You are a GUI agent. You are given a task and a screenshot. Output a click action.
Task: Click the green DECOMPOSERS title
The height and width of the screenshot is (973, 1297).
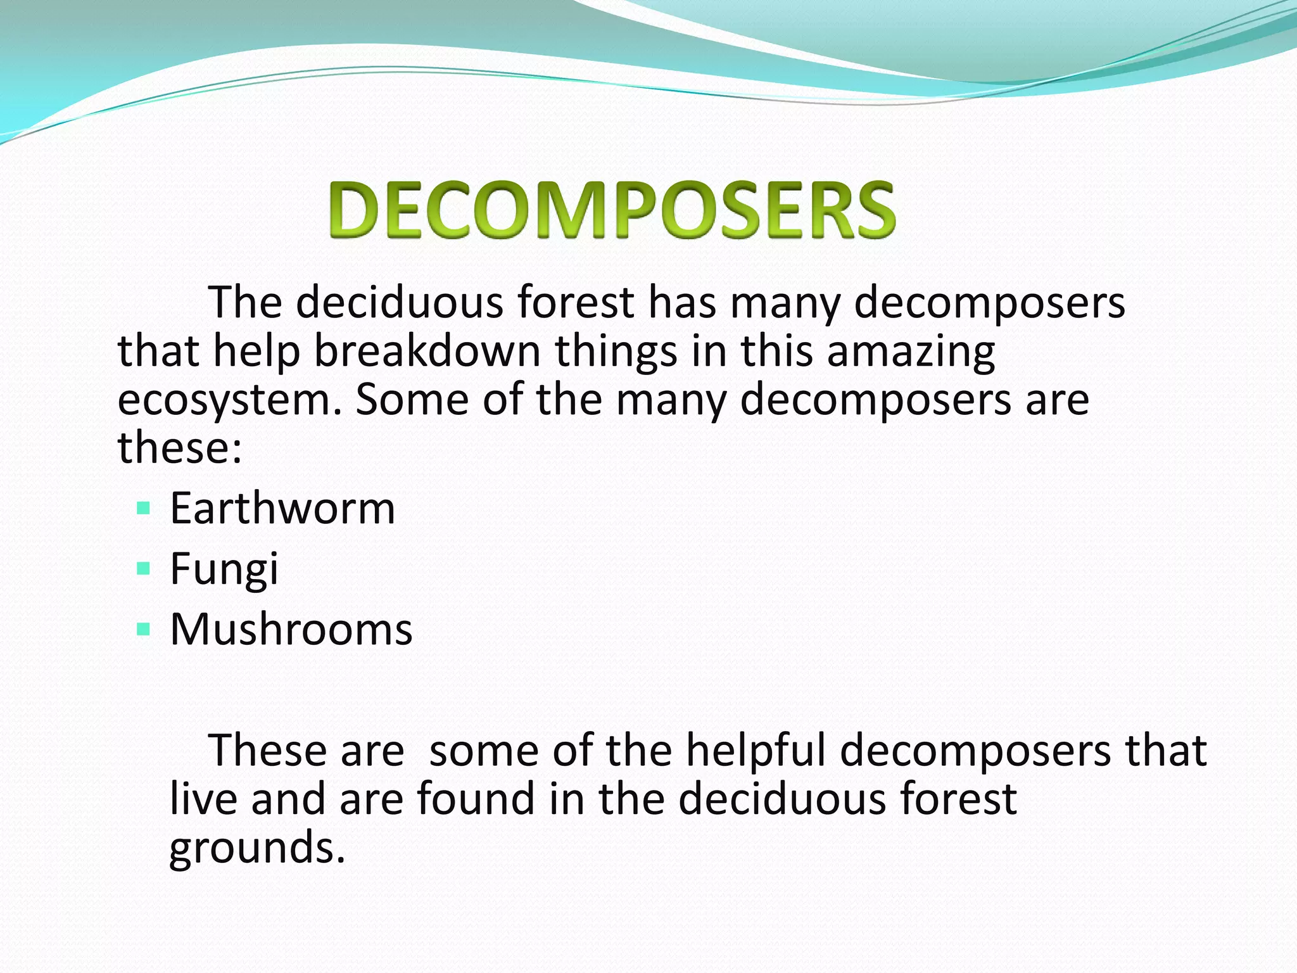[x=612, y=210]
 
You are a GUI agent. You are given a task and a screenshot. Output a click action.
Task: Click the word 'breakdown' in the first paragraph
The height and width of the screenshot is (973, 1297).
[x=427, y=351]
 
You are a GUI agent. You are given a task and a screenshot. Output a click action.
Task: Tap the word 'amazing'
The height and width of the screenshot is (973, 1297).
[x=911, y=352]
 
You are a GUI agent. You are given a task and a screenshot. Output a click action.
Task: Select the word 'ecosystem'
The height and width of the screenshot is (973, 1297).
[x=225, y=400]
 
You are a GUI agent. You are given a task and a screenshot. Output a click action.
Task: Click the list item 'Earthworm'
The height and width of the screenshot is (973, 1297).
[x=282, y=508]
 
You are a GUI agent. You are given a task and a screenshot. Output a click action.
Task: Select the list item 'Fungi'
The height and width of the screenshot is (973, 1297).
[x=224, y=569]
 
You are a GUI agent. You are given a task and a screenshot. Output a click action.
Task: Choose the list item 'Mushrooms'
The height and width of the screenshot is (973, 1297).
[x=291, y=629]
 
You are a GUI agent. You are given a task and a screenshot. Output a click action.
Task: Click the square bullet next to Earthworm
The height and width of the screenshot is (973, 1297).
[x=143, y=508]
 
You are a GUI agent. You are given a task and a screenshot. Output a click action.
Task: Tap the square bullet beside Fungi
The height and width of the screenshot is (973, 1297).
[x=143, y=568]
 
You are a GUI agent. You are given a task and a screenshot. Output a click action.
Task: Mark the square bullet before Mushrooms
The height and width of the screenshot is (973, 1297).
[x=143, y=629]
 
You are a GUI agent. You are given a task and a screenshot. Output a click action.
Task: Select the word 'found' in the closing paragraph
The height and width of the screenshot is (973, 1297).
[x=476, y=798]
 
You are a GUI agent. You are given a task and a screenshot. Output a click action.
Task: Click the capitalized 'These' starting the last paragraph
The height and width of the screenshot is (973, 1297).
[x=267, y=750]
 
